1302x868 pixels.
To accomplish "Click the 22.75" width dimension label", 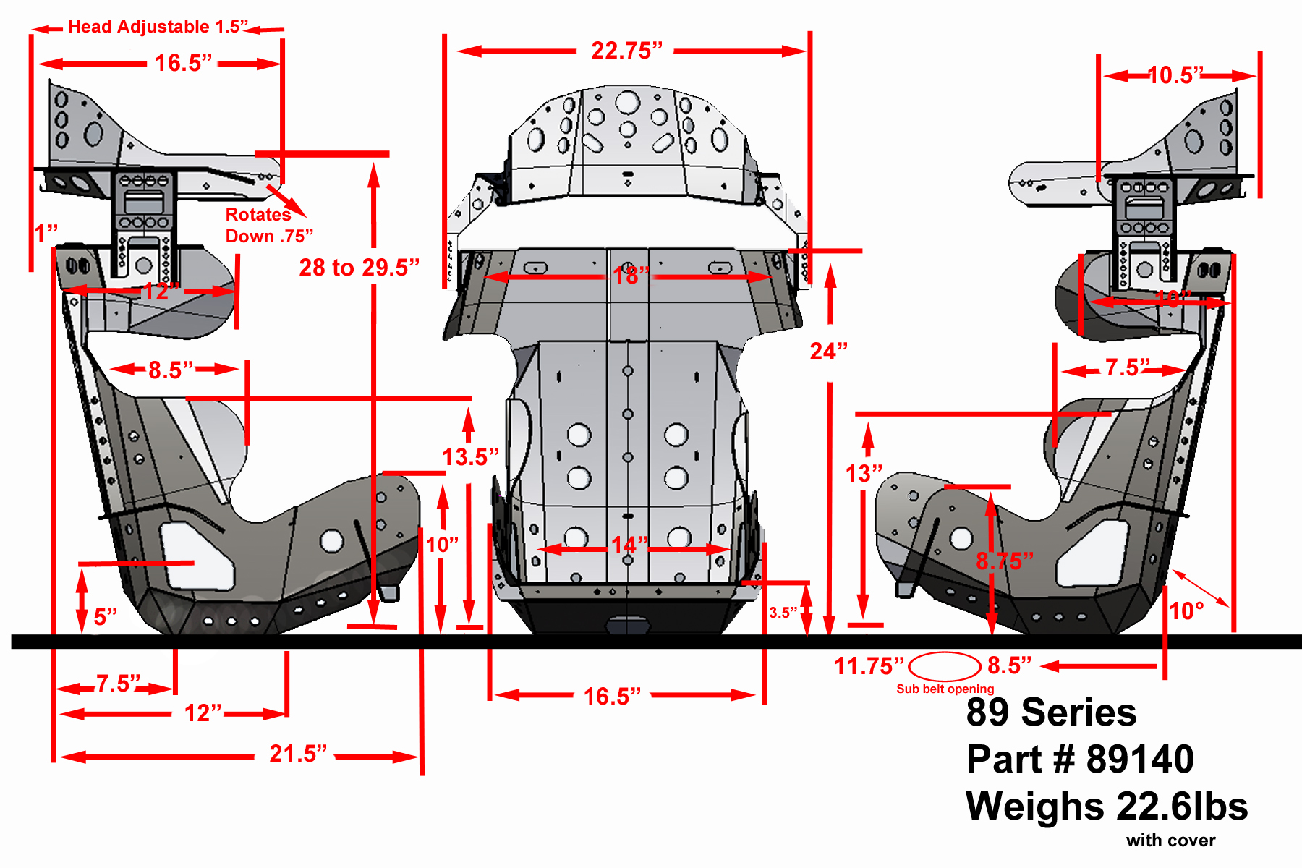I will [x=626, y=51].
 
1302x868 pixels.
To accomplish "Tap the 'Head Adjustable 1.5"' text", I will [x=158, y=27].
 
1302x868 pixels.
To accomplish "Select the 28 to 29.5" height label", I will [x=359, y=268].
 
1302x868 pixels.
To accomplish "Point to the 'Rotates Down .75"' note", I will [x=268, y=225].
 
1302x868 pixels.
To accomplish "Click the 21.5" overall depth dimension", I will [x=297, y=754].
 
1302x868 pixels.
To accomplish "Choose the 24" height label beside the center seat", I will [x=828, y=352].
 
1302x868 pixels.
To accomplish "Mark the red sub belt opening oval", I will [x=944, y=666].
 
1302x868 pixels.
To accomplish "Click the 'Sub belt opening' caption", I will [x=945, y=689].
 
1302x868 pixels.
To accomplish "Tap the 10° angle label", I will [x=1186, y=611].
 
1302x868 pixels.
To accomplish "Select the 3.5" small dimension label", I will [x=783, y=613].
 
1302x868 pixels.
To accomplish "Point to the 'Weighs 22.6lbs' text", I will [x=1106, y=806].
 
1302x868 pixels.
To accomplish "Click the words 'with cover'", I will [x=1170, y=841].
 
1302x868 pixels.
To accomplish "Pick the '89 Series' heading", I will [x=1051, y=712].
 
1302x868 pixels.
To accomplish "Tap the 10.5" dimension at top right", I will [x=1175, y=75].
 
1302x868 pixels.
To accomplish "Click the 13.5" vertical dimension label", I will [x=470, y=457].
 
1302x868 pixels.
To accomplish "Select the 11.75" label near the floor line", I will [x=868, y=665].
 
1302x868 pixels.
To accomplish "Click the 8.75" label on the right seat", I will [x=1004, y=561].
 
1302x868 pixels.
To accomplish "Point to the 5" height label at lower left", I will [x=105, y=617].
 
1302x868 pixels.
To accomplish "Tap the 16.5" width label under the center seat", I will [x=612, y=697].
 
